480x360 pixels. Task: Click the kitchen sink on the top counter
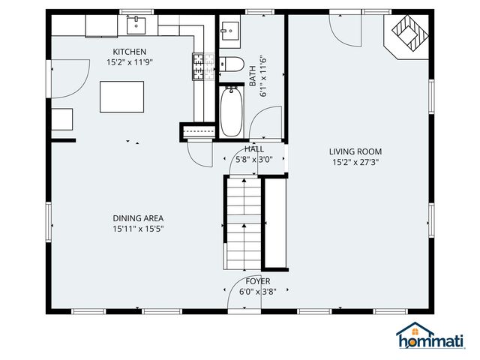pos(136,26)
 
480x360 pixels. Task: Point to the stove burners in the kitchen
pos(199,66)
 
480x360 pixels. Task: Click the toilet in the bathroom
pos(230,64)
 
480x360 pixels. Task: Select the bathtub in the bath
pos(230,112)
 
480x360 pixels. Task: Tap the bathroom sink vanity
pos(229,31)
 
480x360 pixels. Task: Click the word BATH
pos(253,74)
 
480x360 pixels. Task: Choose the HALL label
pos(253,149)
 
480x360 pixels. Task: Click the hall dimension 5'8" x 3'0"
pos(253,159)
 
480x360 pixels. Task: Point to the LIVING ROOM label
pos(355,151)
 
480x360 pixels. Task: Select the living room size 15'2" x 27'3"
pos(355,162)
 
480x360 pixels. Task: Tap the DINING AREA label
pos(138,218)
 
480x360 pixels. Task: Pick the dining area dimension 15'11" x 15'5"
pos(138,229)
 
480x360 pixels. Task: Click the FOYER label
pos(258,281)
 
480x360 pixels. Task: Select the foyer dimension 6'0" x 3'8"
pos(258,292)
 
